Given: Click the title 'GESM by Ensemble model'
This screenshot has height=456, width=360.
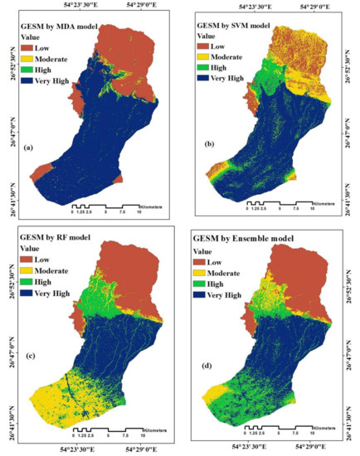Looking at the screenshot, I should point(246,241).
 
